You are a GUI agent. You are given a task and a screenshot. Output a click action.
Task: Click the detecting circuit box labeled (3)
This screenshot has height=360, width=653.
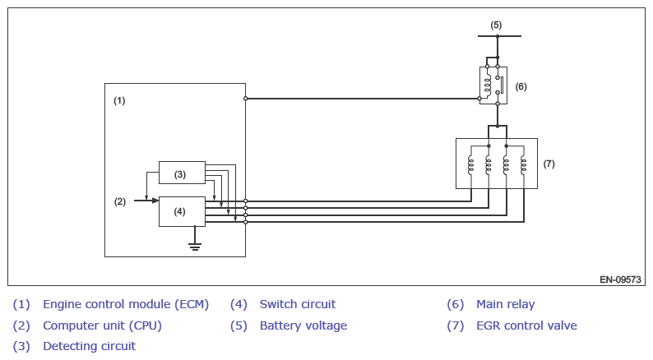click(x=182, y=173)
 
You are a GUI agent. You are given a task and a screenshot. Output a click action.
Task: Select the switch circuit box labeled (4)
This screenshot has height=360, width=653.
click(x=182, y=211)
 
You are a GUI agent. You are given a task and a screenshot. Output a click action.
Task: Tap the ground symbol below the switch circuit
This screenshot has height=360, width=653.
click(x=195, y=245)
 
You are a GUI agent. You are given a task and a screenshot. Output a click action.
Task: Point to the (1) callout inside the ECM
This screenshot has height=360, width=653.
click(x=119, y=100)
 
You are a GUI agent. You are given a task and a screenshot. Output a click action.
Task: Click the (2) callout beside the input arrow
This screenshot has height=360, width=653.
click(x=119, y=201)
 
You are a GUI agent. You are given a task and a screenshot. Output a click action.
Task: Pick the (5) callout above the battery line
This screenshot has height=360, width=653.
click(x=496, y=25)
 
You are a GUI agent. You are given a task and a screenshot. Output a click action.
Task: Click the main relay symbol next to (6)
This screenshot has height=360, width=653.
click(x=493, y=85)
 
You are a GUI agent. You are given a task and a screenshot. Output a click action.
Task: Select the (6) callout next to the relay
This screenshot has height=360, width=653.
click(x=521, y=85)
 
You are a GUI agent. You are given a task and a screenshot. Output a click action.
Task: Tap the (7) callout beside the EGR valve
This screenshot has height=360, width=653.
click(x=549, y=164)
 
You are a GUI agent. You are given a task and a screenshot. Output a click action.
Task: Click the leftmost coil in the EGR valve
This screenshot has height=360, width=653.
click(x=470, y=164)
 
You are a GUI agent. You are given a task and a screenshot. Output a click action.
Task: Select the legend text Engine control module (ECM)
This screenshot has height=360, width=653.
click(x=126, y=304)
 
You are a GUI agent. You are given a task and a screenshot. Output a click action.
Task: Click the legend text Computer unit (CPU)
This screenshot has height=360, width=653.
click(x=102, y=325)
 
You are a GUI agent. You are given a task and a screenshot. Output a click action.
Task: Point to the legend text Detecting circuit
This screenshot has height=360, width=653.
click(x=89, y=346)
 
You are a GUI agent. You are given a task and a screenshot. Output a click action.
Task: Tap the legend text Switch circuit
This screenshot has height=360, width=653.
click(x=297, y=304)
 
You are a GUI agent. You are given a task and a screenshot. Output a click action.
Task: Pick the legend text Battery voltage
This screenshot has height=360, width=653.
click(x=303, y=325)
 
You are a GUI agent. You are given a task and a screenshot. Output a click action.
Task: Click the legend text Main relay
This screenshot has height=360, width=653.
click(x=505, y=304)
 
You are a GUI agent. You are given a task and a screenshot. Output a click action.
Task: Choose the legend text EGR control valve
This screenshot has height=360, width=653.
click(x=526, y=325)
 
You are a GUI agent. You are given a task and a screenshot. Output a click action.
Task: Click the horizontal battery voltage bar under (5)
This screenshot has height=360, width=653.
click(x=499, y=37)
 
